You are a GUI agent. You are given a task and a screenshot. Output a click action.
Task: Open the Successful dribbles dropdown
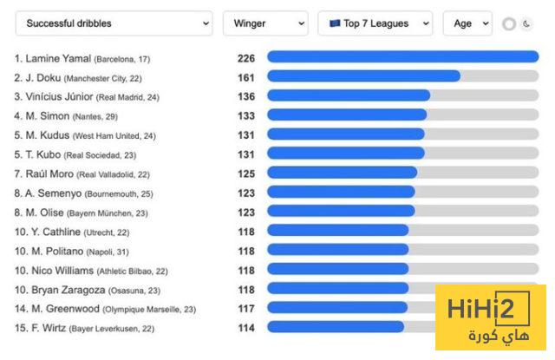(x=114, y=23)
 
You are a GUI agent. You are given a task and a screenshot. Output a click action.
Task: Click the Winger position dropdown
(x=265, y=23)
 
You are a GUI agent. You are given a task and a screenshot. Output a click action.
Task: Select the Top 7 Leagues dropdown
(x=375, y=23)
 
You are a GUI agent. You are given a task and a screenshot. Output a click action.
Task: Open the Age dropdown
(x=467, y=23)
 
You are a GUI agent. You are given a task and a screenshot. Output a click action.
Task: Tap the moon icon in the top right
(x=527, y=24)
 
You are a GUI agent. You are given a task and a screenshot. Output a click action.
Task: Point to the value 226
(x=245, y=58)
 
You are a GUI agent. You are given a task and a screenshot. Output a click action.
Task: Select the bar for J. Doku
(x=363, y=76)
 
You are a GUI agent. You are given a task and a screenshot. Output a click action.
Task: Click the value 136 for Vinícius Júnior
(x=245, y=95)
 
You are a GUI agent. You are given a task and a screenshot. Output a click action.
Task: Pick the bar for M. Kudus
(x=345, y=134)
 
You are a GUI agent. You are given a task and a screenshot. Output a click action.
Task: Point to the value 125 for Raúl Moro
(x=245, y=173)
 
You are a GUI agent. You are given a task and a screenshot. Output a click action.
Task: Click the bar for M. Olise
(x=341, y=212)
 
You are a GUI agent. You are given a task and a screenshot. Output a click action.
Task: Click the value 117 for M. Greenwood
(x=245, y=308)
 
